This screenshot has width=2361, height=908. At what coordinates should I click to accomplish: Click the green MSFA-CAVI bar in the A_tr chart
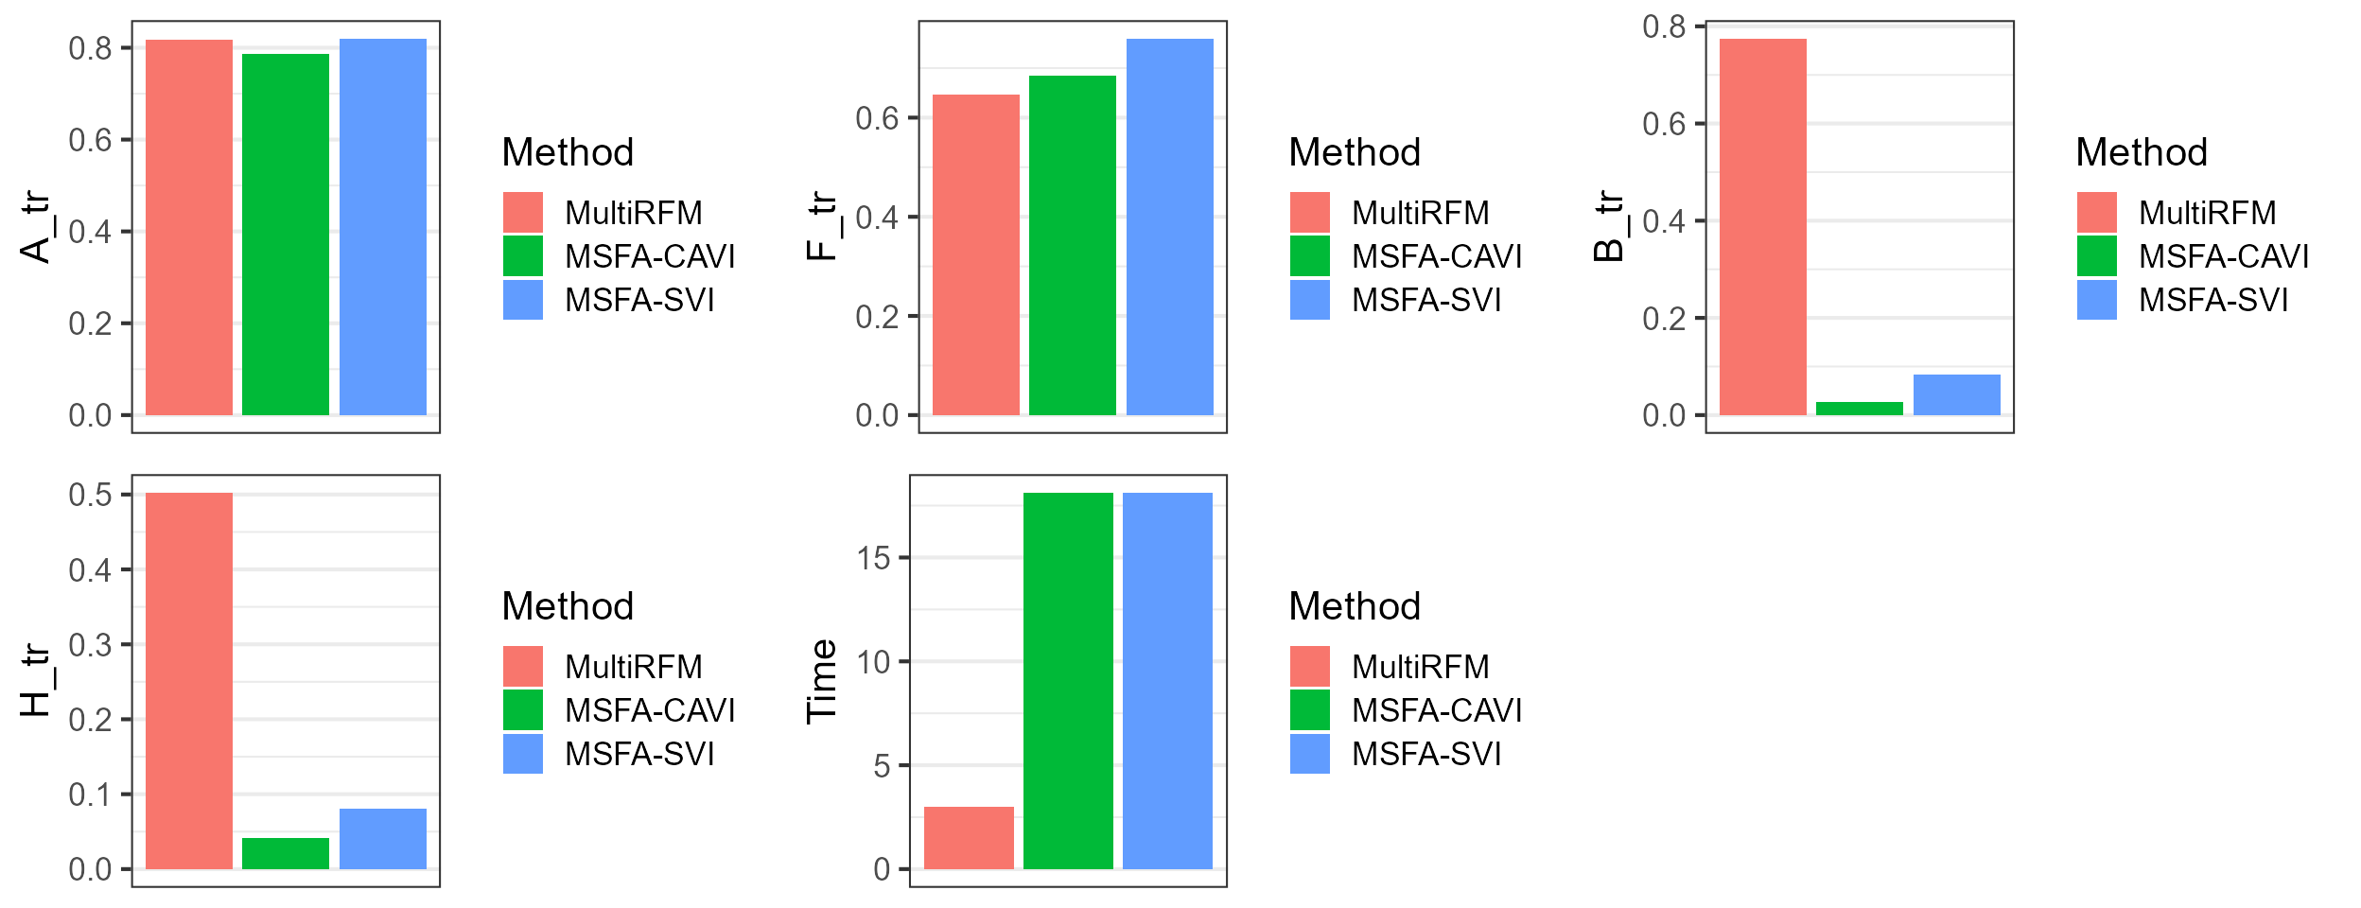click(x=285, y=235)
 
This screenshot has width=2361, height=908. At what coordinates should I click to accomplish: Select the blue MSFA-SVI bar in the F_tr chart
click(x=1169, y=227)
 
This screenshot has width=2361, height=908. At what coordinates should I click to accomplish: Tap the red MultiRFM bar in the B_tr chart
click(x=1762, y=227)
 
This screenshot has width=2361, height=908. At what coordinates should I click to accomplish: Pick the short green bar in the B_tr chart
click(x=1859, y=409)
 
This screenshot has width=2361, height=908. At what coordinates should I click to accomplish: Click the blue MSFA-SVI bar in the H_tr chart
click(x=382, y=839)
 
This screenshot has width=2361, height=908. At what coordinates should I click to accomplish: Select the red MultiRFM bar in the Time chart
click(x=969, y=838)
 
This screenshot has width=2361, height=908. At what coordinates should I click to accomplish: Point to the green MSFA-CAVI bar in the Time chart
click(x=1068, y=681)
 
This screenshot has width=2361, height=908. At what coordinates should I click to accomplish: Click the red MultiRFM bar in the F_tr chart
click(x=975, y=255)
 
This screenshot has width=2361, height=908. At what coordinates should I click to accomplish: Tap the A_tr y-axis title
click(x=36, y=227)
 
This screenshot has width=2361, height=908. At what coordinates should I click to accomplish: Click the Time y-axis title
click(x=821, y=681)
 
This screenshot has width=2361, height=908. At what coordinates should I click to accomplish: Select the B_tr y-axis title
click(x=1609, y=227)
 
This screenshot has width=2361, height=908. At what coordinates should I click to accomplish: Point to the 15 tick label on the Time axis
click(x=874, y=558)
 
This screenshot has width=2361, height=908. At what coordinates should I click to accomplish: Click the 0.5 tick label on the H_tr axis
click(x=90, y=495)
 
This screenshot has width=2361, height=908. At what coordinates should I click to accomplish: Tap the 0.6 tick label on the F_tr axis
click(x=877, y=118)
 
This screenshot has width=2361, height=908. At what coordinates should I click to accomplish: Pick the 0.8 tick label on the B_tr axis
click(x=1664, y=26)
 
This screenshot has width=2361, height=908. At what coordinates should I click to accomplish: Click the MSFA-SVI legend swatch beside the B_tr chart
click(x=2097, y=300)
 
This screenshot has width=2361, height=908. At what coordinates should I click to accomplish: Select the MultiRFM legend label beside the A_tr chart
click(x=633, y=213)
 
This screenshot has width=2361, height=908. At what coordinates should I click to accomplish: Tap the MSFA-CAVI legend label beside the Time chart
click(x=1437, y=710)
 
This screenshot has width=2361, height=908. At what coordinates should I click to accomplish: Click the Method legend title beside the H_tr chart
click(x=568, y=606)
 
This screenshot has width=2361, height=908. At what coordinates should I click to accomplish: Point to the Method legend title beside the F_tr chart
click(x=1355, y=152)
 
